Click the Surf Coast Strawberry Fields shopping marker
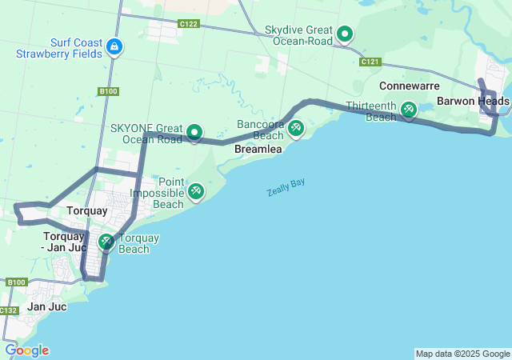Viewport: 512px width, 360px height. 115,46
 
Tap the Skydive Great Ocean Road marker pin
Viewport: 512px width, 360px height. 345,34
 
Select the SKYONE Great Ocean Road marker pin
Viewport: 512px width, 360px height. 194,132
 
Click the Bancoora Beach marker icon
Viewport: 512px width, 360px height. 296,127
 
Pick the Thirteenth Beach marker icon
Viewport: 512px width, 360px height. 408,109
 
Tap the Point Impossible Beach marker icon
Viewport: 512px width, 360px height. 195,192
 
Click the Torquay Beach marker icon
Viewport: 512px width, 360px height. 106,241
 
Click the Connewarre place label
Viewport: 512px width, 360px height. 410,85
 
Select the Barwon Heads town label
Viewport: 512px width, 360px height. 473,102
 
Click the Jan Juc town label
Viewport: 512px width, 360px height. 46,306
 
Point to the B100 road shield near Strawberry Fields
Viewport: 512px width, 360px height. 109,91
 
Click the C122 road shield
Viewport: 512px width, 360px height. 189,24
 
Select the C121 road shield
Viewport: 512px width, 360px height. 370,62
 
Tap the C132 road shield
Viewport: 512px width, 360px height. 9,310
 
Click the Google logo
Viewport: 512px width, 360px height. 26,350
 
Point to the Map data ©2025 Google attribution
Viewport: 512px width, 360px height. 462,354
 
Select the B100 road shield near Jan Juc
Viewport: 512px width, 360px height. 16,282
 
